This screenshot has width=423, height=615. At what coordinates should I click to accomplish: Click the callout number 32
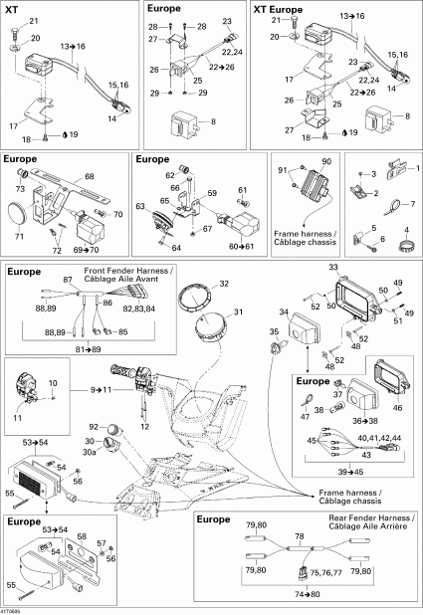[223, 284]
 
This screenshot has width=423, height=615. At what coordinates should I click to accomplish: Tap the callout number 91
[285, 168]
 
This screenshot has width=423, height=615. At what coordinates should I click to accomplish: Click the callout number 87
[67, 283]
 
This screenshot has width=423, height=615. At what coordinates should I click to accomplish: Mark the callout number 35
[276, 332]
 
